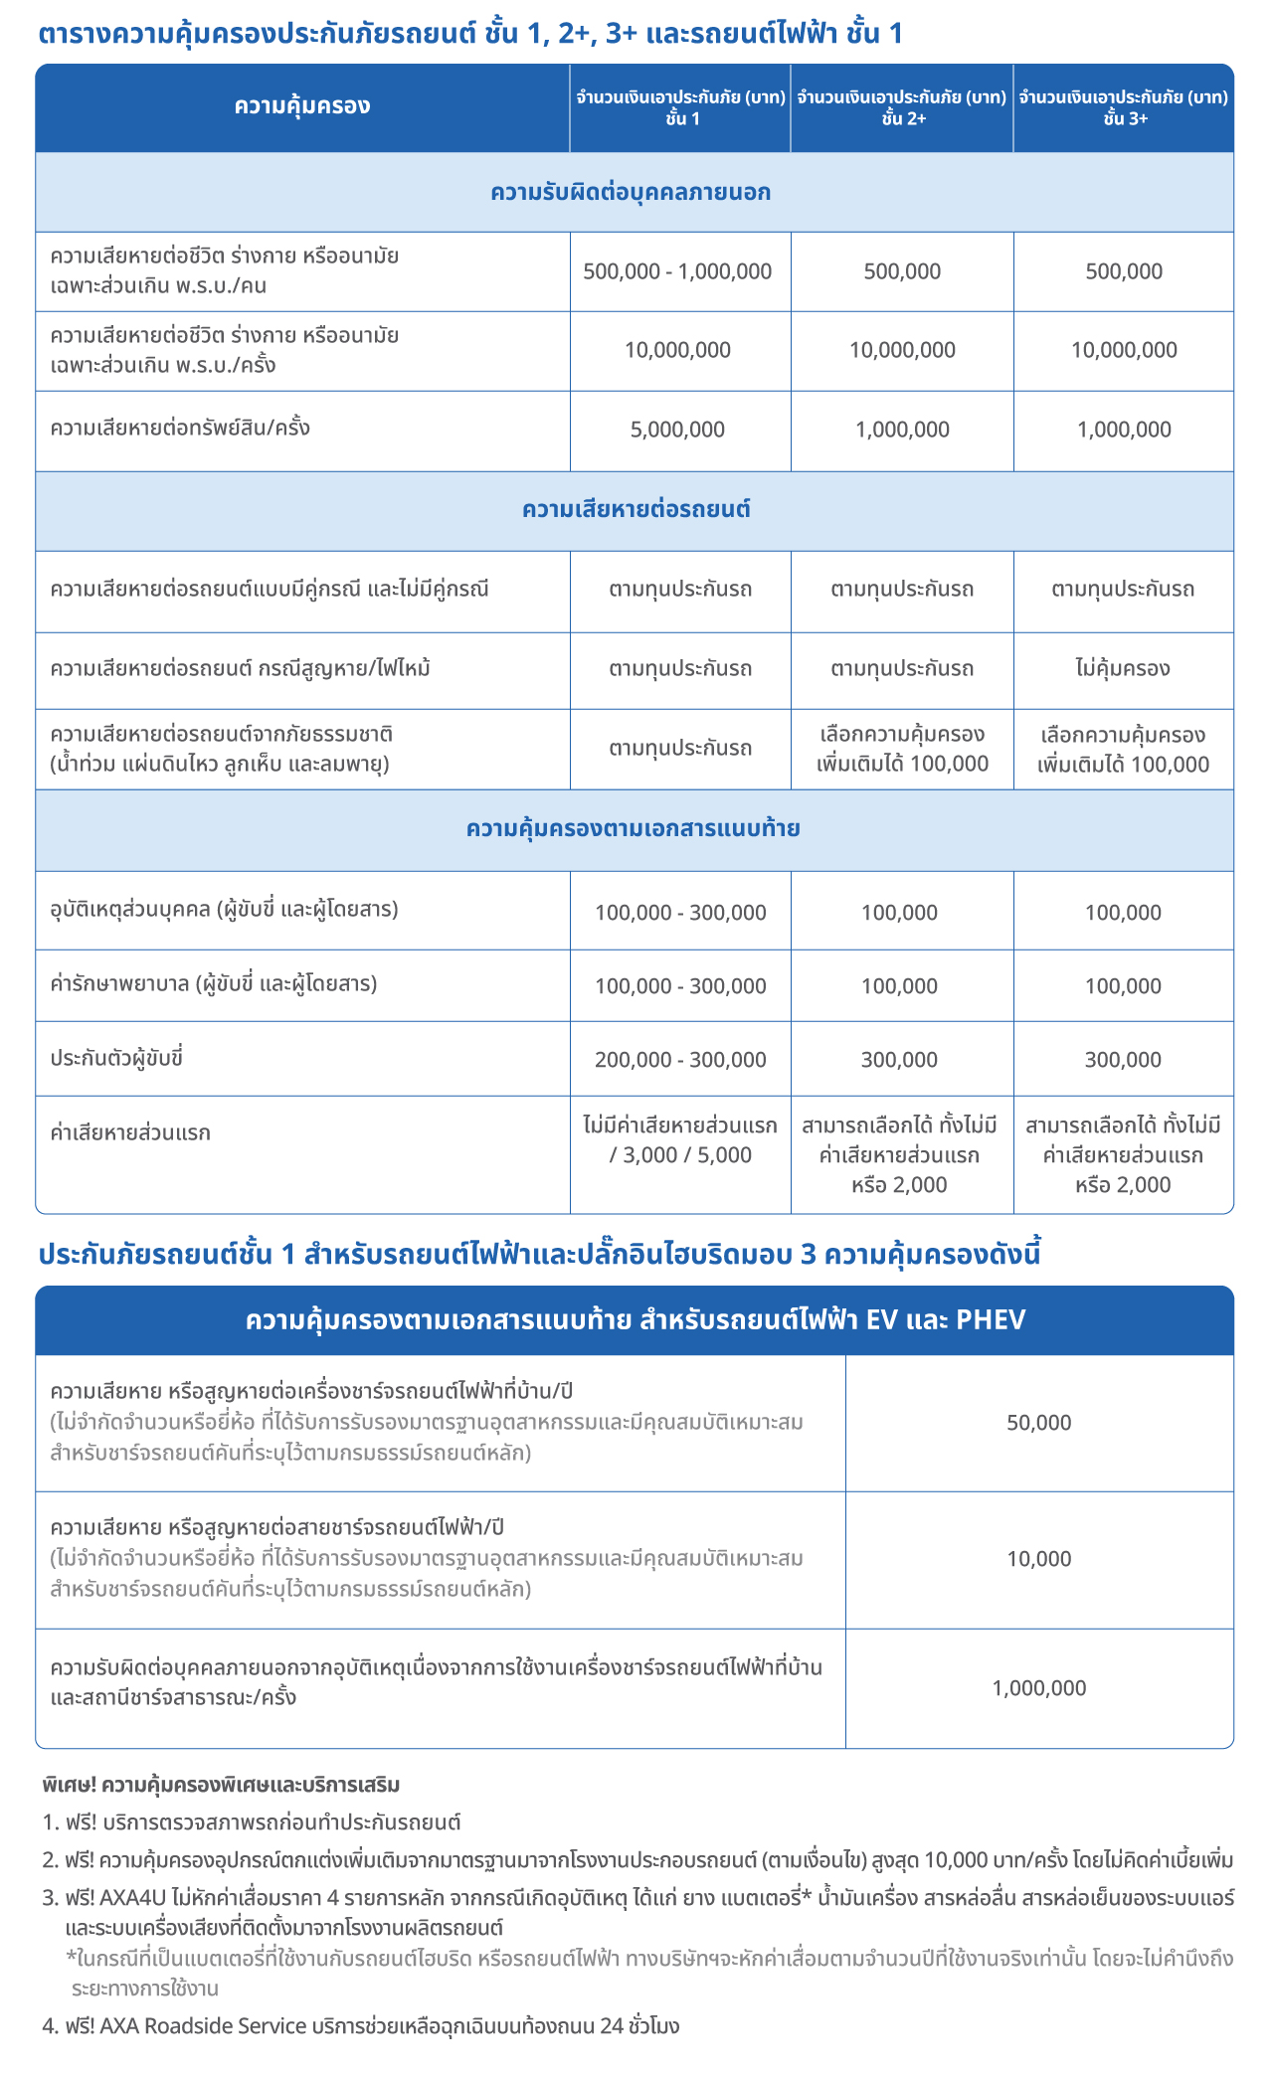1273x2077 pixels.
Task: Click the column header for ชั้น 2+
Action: pyautogui.click(x=902, y=108)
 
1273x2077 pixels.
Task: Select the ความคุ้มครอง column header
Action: pyautogui.click(x=302, y=106)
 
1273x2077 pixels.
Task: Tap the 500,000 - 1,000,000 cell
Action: pyautogui.click(x=678, y=271)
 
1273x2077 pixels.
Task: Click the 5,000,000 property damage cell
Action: pyautogui.click(x=678, y=430)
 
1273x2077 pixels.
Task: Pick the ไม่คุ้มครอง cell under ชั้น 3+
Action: pyautogui.click(x=1123, y=668)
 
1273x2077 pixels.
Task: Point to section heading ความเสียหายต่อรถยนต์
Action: pyautogui.click(x=636, y=510)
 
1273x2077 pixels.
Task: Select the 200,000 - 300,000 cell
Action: pyautogui.click(x=680, y=1060)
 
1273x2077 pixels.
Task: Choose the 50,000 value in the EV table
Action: pyautogui.click(x=1039, y=1423)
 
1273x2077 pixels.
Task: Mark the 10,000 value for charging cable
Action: pyautogui.click(x=1039, y=1559)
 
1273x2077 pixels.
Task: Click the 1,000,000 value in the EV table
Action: pyautogui.click(x=1039, y=1687)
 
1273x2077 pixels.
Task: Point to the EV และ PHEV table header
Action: pyautogui.click(x=635, y=1320)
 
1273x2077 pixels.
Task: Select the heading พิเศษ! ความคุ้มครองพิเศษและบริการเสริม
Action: pyautogui.click(x=221, y=1785)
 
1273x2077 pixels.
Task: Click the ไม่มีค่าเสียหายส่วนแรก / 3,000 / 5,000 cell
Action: pyautogui.click(x=680, y=1140)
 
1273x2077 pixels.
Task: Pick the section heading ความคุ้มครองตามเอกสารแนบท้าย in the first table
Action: pyautogui.click(x=634, y=829)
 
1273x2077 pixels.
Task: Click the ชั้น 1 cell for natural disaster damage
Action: pyautogui.click(x=680, y=748)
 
